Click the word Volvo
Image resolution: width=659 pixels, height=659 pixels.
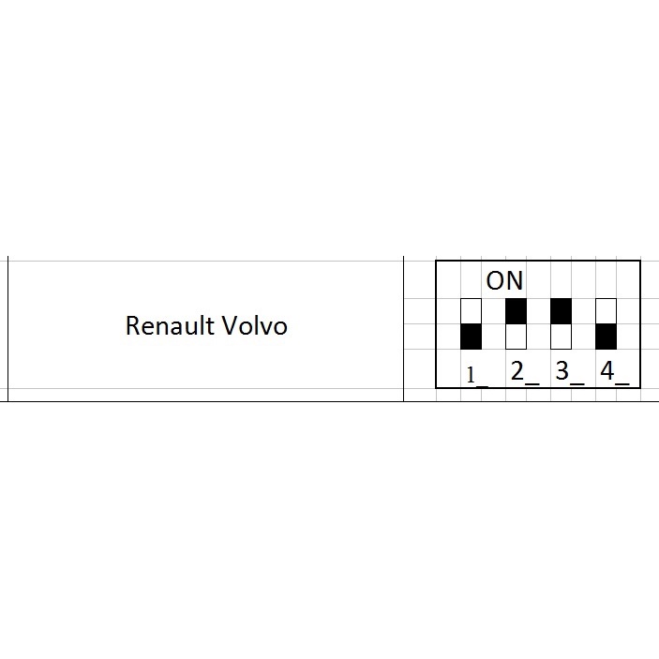254,325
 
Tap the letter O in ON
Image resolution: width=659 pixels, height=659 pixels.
497,280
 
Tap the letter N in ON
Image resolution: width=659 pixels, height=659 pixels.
515,280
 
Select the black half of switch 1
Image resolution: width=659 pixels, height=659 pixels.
471,337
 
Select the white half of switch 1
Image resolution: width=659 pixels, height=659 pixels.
471,310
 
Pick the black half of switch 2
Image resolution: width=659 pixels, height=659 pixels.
516,310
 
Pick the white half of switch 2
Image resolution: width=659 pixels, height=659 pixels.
516,337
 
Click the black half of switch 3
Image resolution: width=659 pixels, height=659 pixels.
561,310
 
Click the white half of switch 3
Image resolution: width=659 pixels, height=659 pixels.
561,337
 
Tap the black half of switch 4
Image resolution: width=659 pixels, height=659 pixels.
607,337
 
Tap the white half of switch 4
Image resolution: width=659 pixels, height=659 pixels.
607,310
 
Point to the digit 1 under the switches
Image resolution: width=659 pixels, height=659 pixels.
472,375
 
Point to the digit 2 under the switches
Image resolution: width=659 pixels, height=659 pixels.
517,371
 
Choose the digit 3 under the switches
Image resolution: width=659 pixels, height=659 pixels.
562,371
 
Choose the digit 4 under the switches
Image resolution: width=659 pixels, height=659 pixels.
607,371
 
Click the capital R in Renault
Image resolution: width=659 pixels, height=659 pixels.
133,325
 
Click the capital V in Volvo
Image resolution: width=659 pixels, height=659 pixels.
231,325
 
